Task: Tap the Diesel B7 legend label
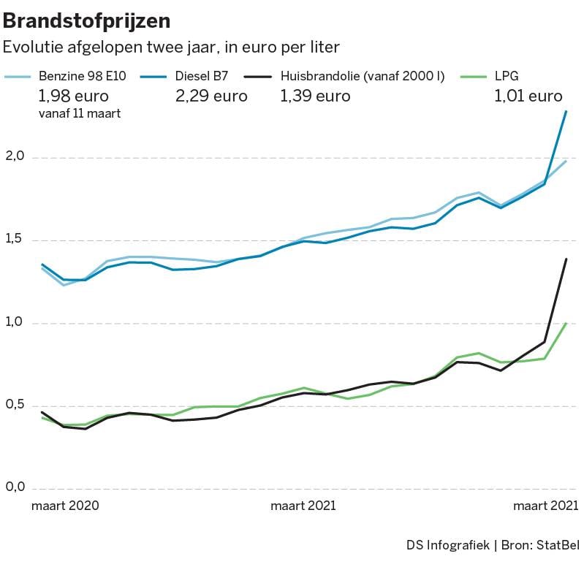click(x=201, y=75)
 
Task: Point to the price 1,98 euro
click(x=74, y=96)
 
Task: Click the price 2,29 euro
click(x=211, y=96)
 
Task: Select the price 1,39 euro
click(x=315, y=96)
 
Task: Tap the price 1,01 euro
click(x=528, y=96)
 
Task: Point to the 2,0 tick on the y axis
click(x=16, y=156)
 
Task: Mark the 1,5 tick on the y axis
click(x=16, y=239)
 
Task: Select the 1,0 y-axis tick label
click(x=16, y=322)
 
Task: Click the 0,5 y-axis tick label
click(x=16, y=405)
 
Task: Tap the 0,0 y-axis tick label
click(x=16, y=487)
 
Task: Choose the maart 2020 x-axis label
click(x=65, y=506)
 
